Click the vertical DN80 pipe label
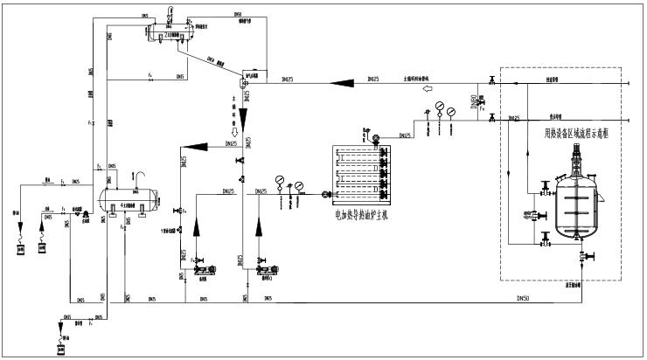pyautogui.click(x=474, y=102)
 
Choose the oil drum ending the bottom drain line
pyautogui.click(x=60, y=348)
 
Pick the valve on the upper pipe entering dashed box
pyautogui.click(x=492, y=81)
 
